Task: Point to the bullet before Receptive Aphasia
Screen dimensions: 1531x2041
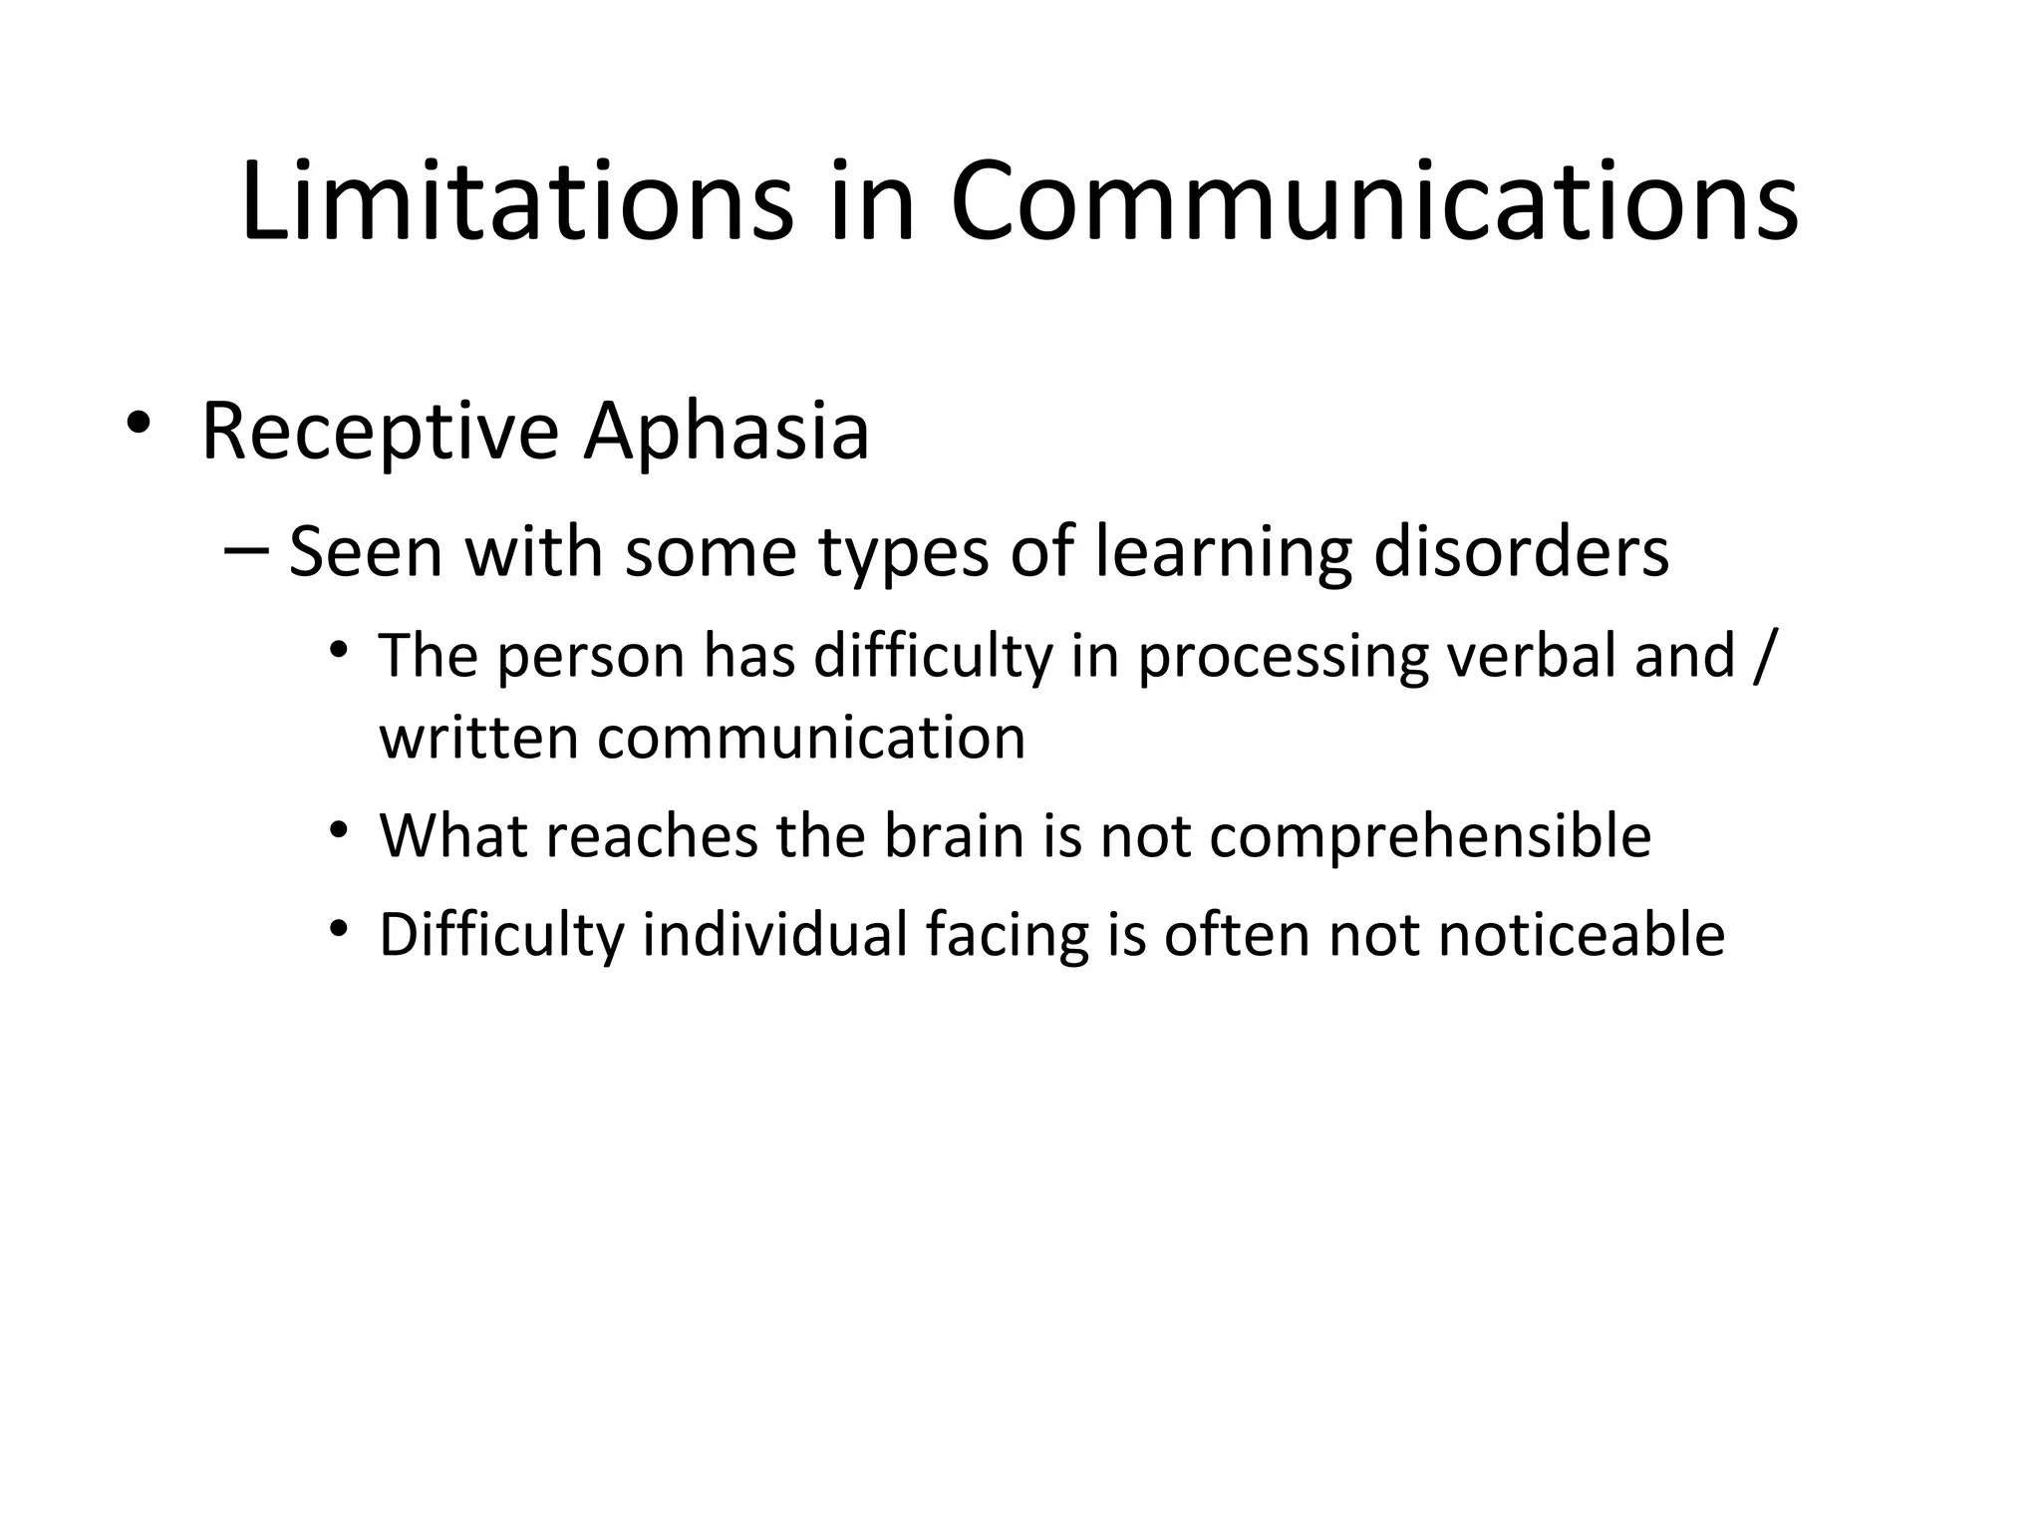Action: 139,422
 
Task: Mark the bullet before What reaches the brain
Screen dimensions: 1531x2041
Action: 341,829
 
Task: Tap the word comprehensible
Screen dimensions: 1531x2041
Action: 1430,838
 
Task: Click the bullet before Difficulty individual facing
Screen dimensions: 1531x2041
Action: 341,929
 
